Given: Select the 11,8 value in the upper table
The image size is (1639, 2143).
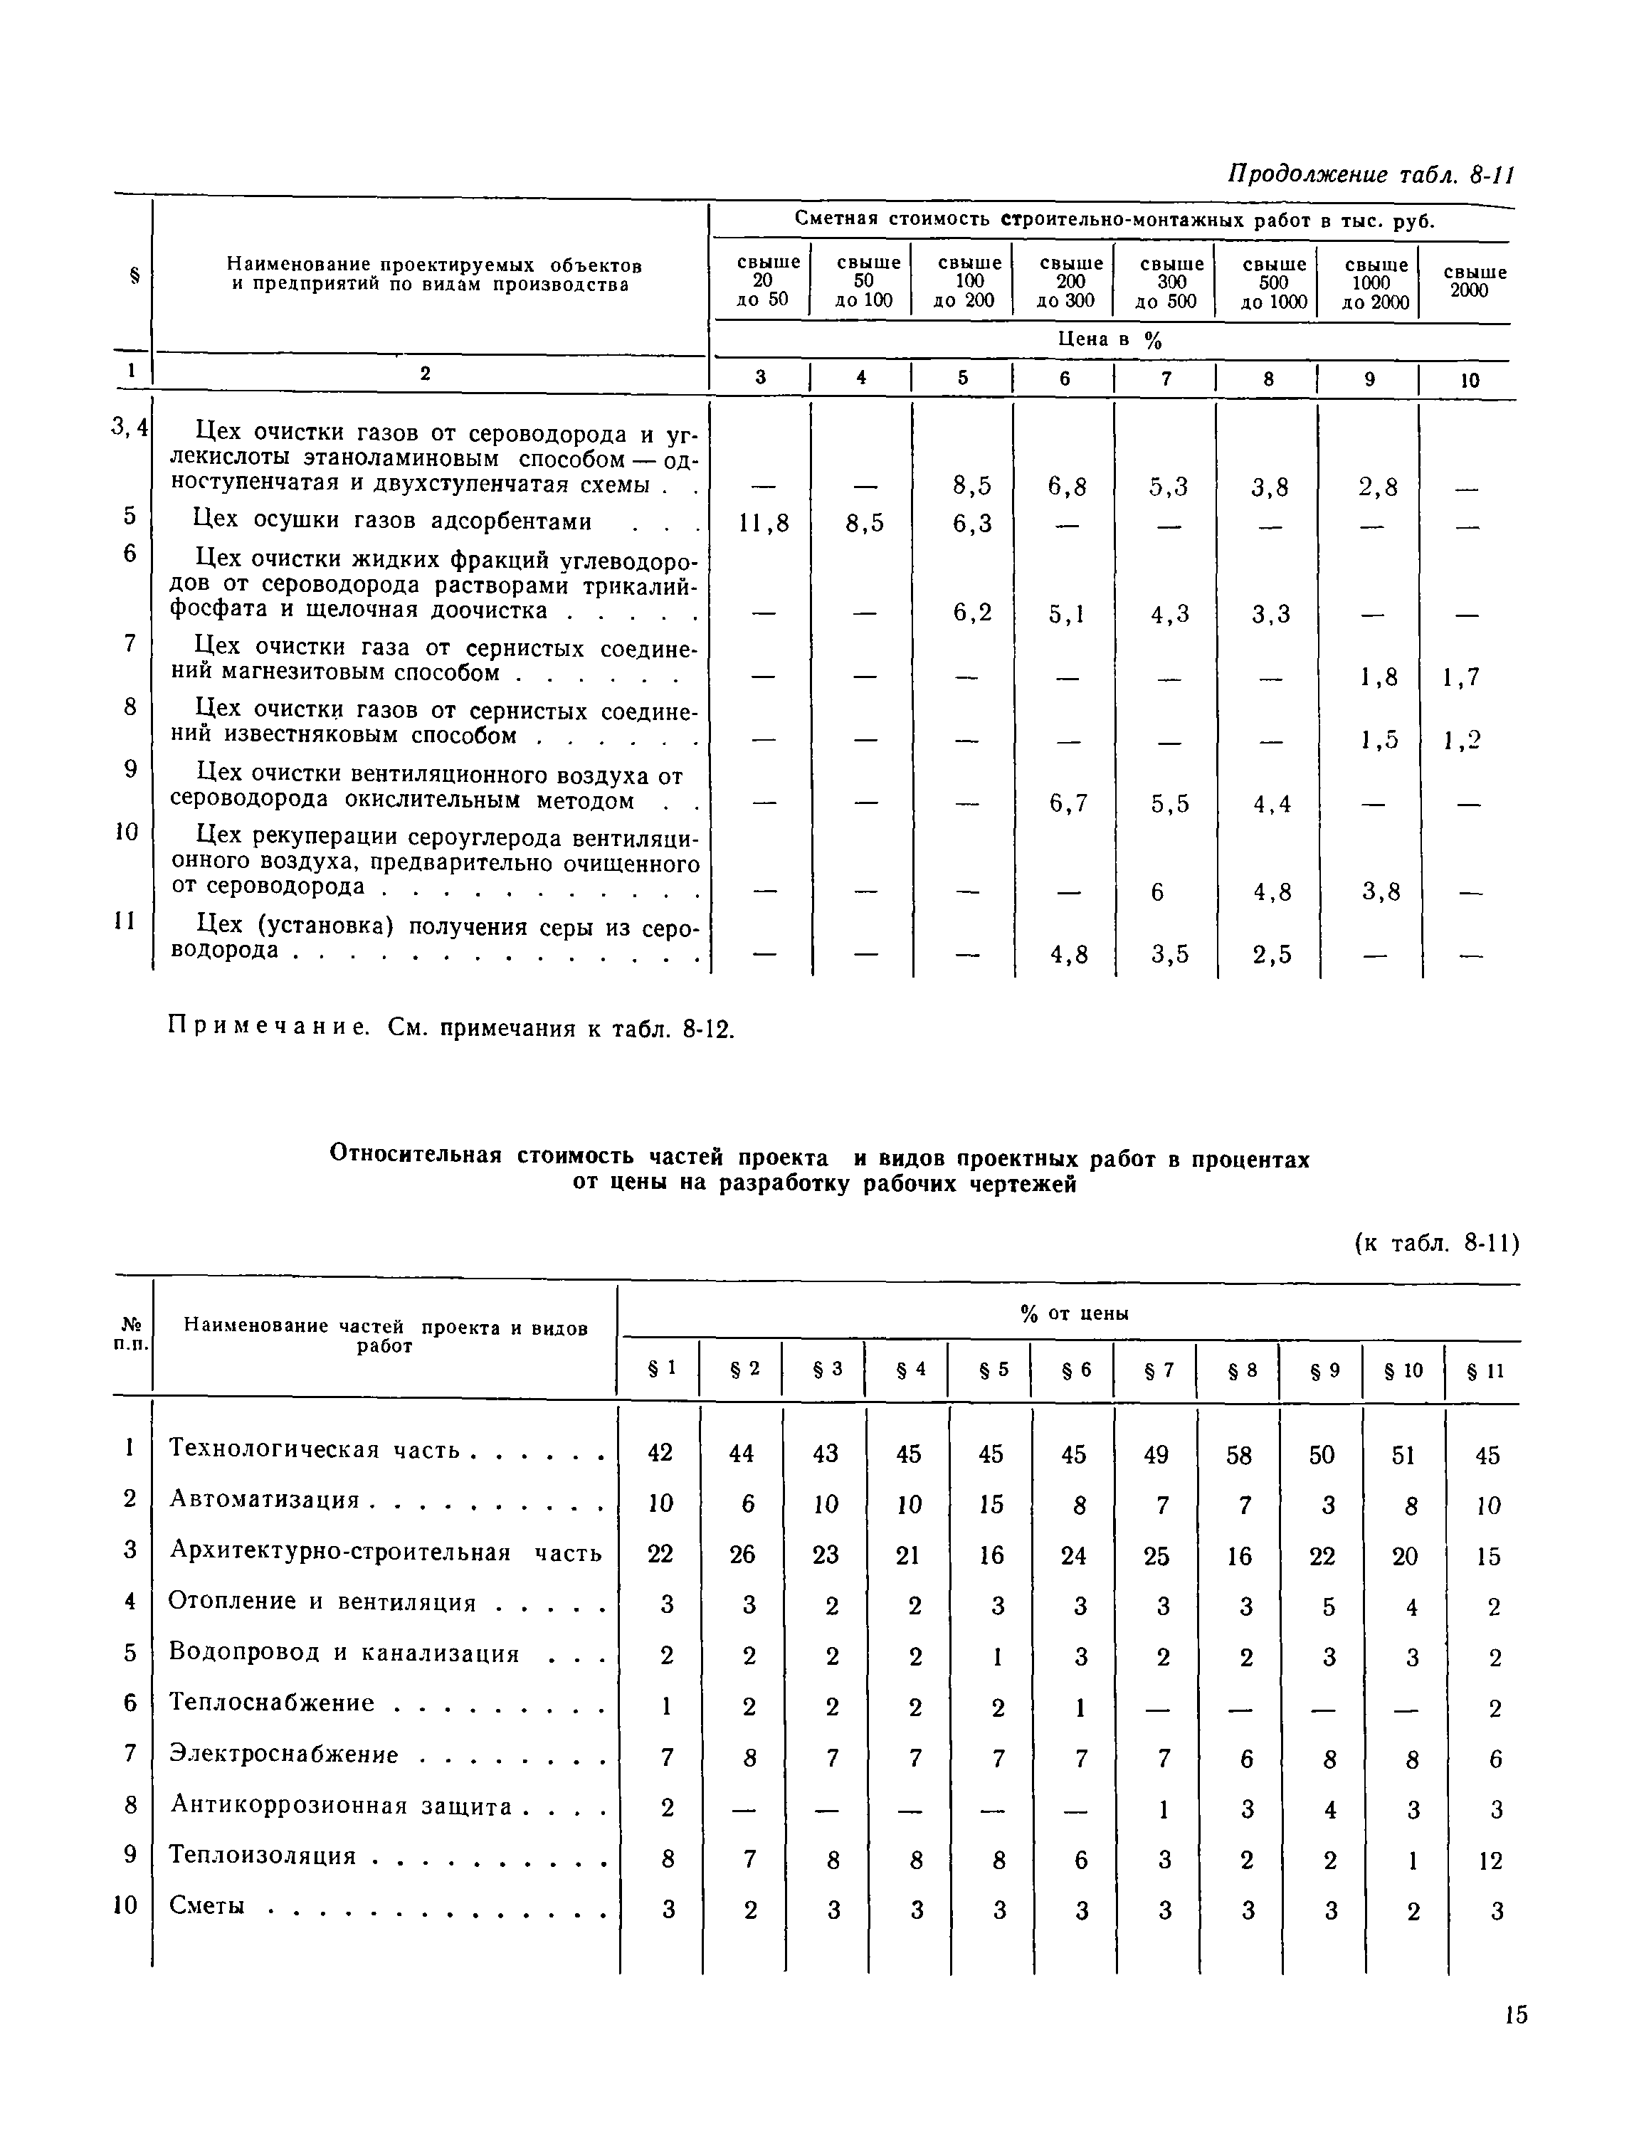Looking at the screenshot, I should pyautogui.click(x=763, y=524).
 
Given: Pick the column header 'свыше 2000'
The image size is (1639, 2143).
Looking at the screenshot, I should pyautogui.click(x=1474, y=281).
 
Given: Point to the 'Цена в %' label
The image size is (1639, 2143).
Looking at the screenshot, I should pyautogui.click(x=1110, y=339).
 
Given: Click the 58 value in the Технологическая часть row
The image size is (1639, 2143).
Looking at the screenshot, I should pyautogui.click(x=1239, y=1455).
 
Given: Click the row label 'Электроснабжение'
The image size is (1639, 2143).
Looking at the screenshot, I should pyautogui.click(x=284, y=1755).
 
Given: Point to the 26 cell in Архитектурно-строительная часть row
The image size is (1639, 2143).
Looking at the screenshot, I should pyautogui.click(x=742, y=1555).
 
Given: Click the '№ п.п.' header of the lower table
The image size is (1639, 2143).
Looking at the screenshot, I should pyautogui.click(x=131, y=1333).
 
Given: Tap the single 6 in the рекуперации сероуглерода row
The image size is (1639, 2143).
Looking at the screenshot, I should pyautogui.click(x=1157, y=891).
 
